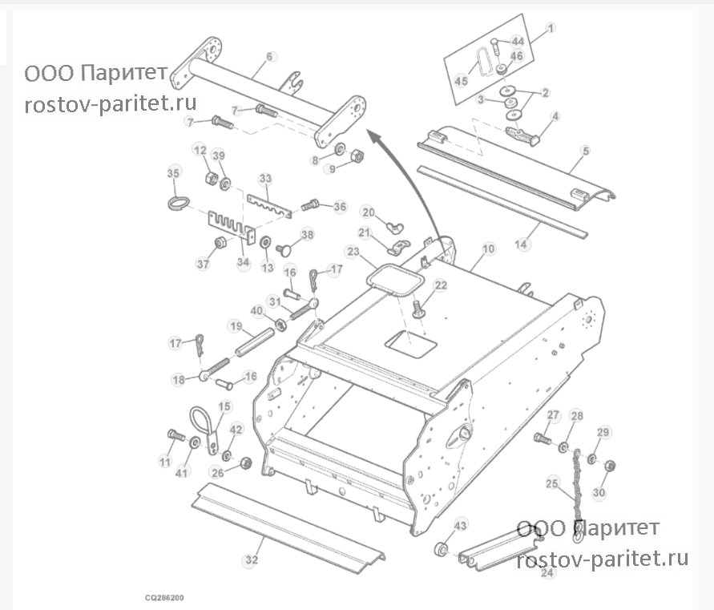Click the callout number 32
coord(252,560)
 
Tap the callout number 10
coord(488,249)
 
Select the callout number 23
coord(353,252)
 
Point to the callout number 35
coord(173,173)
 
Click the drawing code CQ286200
coord(164,597)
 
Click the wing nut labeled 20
coord(396,226)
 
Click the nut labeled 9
coord(357,156)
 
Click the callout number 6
coord(270,56)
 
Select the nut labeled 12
coord(211,177)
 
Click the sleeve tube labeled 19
coord(255,342)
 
